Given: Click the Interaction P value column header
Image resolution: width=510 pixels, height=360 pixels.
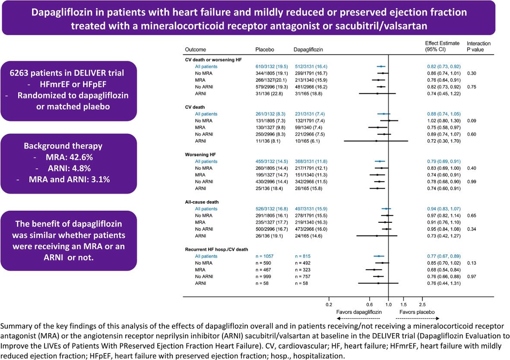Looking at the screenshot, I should [x=478, y=46].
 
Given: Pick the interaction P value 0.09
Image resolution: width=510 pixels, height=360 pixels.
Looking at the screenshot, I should [x=472, y=121].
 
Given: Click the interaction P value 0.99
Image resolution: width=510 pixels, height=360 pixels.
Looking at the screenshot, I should [x=472, y=182].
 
